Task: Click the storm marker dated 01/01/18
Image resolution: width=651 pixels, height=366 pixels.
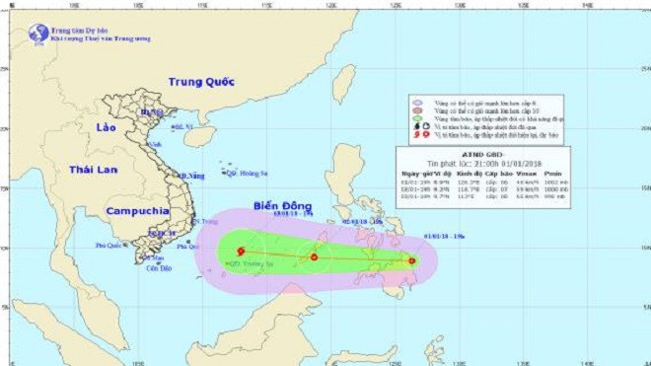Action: pos(411,260)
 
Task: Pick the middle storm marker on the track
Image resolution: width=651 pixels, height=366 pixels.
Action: pos(314,257)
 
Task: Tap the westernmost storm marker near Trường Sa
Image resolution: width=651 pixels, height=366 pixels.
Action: pos(240,252)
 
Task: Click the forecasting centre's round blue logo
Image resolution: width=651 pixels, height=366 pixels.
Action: pos(38,33)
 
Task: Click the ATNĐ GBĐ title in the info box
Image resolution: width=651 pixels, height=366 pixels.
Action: pos(476,154)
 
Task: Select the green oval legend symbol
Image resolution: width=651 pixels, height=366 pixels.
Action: pos(417,117)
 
